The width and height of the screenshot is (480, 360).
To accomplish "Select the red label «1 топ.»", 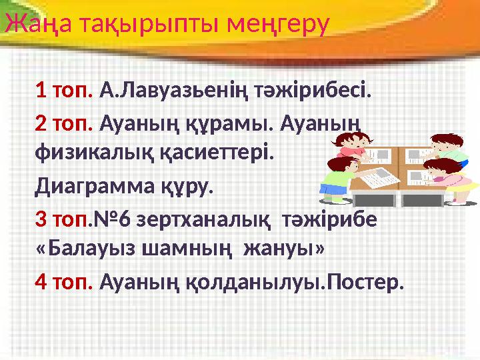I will pos(64,89).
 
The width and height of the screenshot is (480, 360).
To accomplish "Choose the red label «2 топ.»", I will pos(64,124).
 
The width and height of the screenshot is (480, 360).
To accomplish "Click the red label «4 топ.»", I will pos(64,283).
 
